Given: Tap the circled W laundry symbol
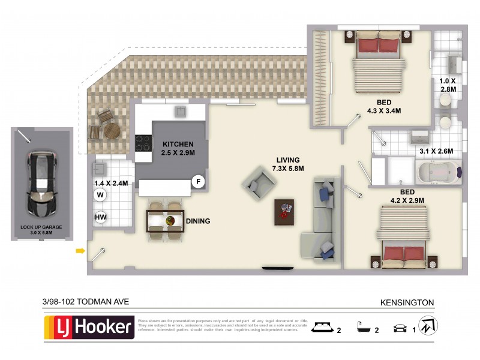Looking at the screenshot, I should coord(100,194).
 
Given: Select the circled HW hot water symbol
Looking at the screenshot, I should coord(100,217).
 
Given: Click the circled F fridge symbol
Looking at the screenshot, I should coord(197,181).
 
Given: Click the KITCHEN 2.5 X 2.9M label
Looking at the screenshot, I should coord(178,149).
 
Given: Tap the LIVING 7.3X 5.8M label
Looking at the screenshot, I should coord(288,164).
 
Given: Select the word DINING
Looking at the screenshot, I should coord(198,221).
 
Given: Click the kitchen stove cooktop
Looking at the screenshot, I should coord(144,143).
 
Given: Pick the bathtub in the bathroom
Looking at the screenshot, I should coord(439,172).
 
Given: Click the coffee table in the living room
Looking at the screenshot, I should coord(284,211).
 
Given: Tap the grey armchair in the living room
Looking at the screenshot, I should coord(258,183).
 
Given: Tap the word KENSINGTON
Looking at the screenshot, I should coord(407,303).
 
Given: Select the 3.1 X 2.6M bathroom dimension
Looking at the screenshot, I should coord(436,151).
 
